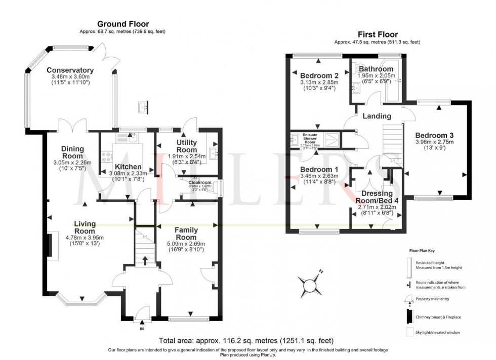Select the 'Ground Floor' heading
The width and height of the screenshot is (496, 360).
click(x=122, y=24)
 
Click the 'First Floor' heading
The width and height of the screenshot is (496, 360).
click(x=377, y=34)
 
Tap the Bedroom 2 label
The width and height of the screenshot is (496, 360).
click(x=318, y=75)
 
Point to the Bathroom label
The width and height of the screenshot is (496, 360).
click(x=375, y=69)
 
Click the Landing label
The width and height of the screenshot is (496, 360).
click(x=377, y=116)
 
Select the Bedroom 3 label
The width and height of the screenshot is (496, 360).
click(x=434, y=135)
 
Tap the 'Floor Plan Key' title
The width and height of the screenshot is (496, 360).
click(x=423, y=250)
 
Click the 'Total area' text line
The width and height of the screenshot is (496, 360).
click(x=246, y=341)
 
